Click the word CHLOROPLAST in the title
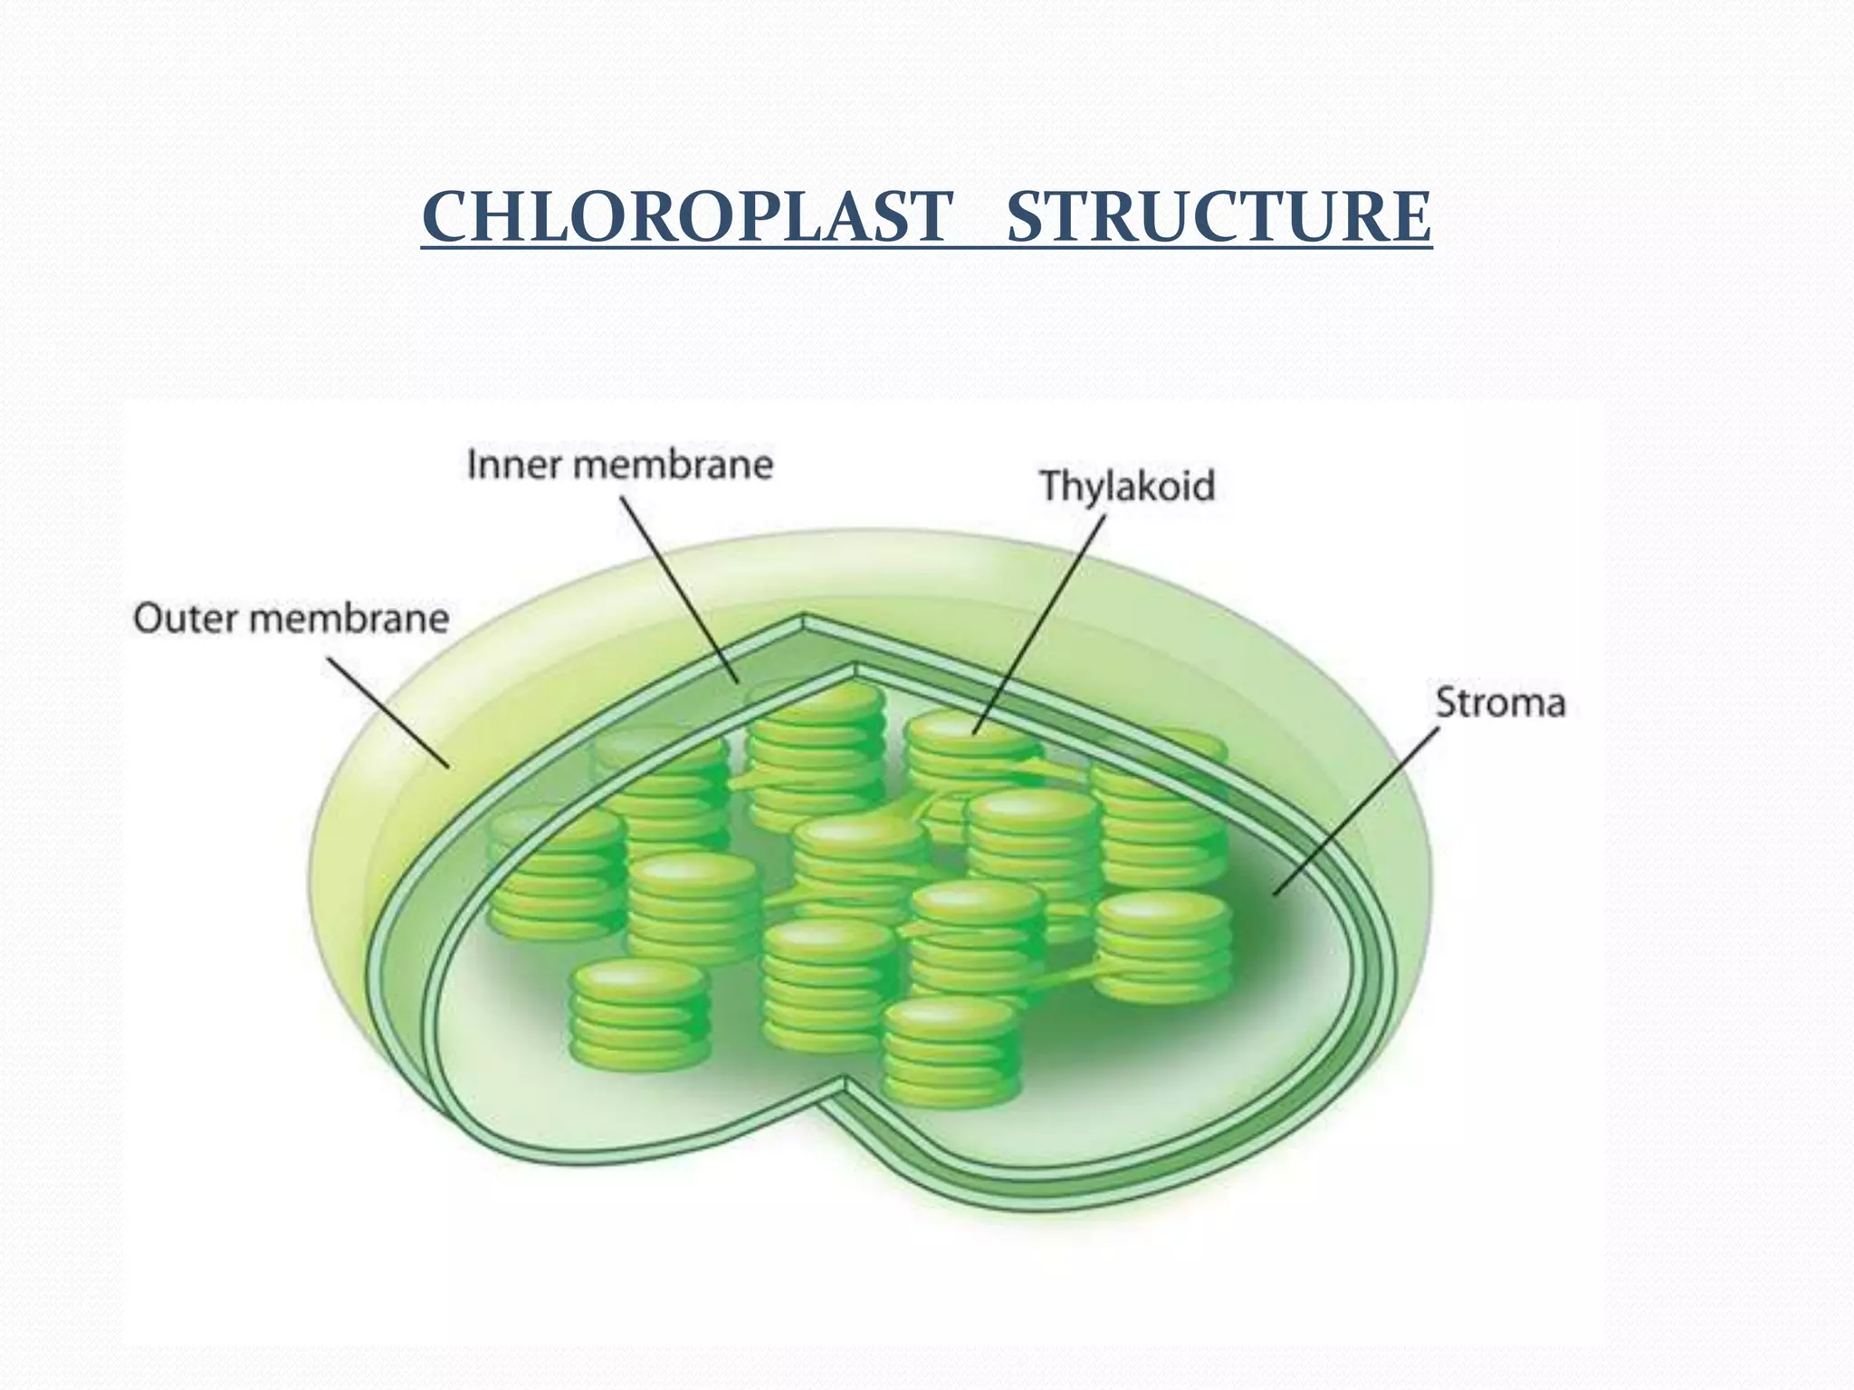pyautogui.click(x=686, y=217)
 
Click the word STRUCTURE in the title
pyautogui.click(x=1218, y=217)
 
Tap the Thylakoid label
pyautogui.click(x=1126, y=486)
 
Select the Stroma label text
pyautogui.click(x=1500, y=703)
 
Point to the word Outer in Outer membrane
pyautogui.click(x=185, y=619)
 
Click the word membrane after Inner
pyautogui.click(x=674, y=465)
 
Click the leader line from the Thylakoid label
pyautogui.click(x=1041, y=624)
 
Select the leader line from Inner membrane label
pyautogui.click(x=679, y=588)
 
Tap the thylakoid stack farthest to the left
pyautogui.click(x=556, y=873)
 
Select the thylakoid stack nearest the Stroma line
pyautogui.click(x=1163, y=946)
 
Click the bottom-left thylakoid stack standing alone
pyautogui.click(x=640, y=1014)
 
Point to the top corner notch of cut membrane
pyautogui.click(x=804, y=621)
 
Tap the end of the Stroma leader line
pyautogui.click(x=1276, y=894)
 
